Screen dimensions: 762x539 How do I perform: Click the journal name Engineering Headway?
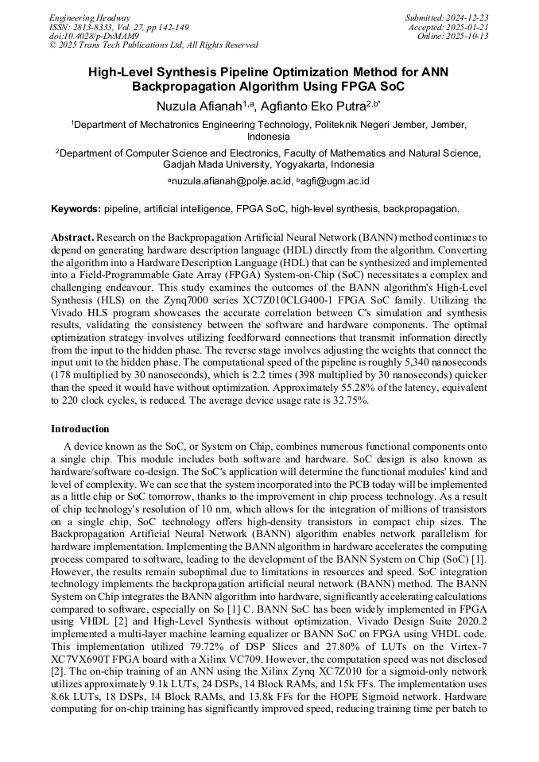[90, 17]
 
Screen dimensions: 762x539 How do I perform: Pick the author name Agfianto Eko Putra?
[316, 104]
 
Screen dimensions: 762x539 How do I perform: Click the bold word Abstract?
[73, 238]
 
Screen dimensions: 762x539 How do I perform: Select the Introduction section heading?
[80, 428]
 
